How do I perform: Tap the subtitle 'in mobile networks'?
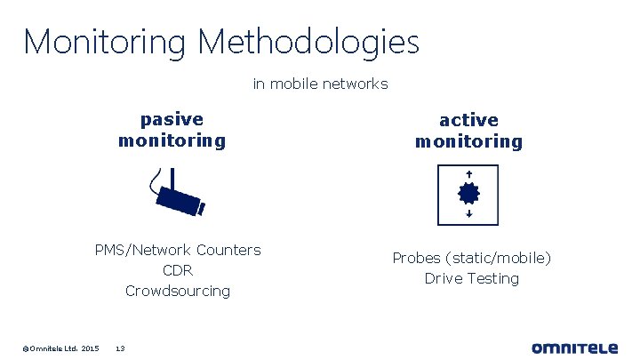coord(320,84)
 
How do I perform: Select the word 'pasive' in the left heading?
coord(172,119)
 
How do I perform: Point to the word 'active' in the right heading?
coord(468,120)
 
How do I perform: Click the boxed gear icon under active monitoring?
coord(468,194)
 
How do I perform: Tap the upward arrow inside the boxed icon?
coord(468,174)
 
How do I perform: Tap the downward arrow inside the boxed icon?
coord(468,214)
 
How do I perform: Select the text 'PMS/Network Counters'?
coord(178,250)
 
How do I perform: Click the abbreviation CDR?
coord(178,270)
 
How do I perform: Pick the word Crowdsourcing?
coord(178,291)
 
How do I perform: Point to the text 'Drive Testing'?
coord(471,278)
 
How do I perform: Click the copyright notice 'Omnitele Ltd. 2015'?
coord(60,348)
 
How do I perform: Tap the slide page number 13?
coord(121,348)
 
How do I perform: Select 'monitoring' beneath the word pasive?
coord(172,140)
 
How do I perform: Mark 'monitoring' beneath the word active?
coord(468,141)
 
